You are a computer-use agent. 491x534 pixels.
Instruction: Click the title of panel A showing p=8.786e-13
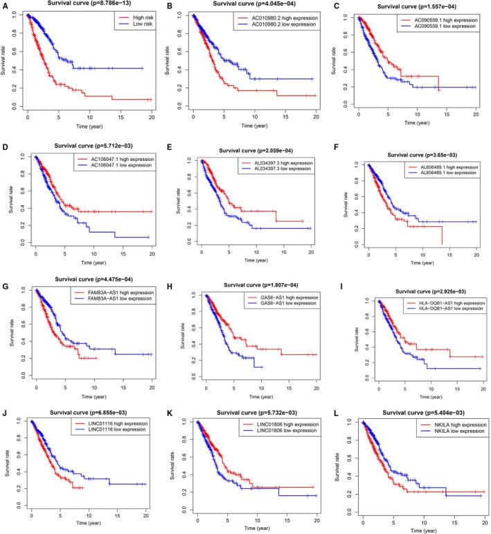[87, 3]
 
